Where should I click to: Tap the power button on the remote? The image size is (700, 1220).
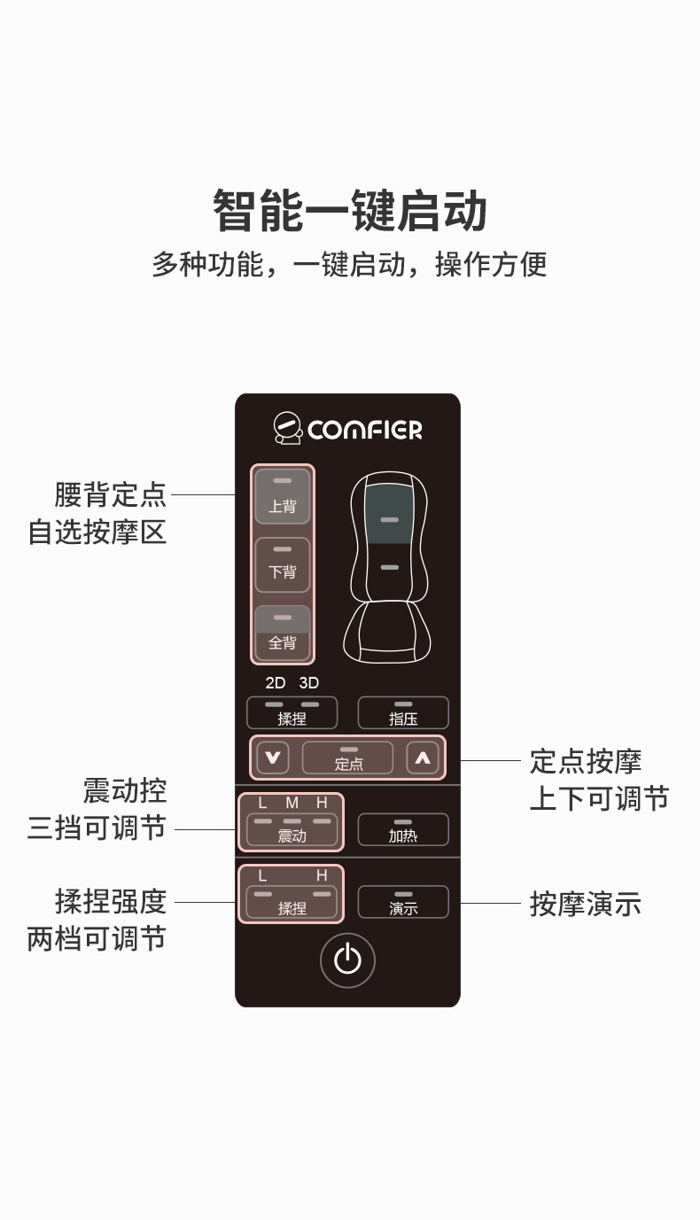coord(347,960)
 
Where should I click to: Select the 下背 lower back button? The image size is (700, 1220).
coord(283,564)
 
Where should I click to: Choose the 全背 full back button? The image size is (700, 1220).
coord(283,633)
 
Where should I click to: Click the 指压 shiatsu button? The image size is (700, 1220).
coord(403,712)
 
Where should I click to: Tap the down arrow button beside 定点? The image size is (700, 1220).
coord(273,758)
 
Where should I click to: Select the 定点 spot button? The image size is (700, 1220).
coord(347,758)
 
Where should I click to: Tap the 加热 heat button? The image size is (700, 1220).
coord(403,829)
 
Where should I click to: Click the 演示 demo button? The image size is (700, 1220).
coord(403,902)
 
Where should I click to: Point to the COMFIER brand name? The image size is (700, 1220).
coord(365,431)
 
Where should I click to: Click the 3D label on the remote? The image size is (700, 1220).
coord(308,683)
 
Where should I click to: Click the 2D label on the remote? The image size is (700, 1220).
coord(276,683)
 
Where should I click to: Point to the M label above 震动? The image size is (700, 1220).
coord(292,803)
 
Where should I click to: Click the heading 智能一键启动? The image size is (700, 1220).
coord(350,211)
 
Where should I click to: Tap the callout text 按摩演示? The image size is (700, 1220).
coord(585,904)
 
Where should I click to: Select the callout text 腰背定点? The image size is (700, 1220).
coord(110,494)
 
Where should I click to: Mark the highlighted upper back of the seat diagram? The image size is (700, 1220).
coord(388,514)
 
